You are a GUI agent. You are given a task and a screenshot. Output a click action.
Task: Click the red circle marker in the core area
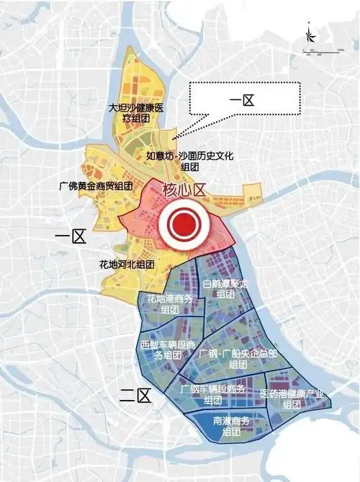click(186, 226)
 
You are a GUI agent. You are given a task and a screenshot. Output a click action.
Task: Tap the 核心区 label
click(184, 190)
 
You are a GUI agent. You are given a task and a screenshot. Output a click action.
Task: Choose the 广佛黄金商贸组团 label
click(96, 186)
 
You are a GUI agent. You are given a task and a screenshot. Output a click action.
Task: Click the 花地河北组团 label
click(127, 264)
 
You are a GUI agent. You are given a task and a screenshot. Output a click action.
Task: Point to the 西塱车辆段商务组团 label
click(163, 349)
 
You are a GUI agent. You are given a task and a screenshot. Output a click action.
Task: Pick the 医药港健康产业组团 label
click(292, 398)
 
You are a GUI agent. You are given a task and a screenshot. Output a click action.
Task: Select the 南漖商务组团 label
click(231, 427)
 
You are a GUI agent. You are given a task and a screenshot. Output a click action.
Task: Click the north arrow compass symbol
click(308, 34)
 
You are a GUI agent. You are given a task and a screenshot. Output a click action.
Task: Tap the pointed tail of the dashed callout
click(174, 138)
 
